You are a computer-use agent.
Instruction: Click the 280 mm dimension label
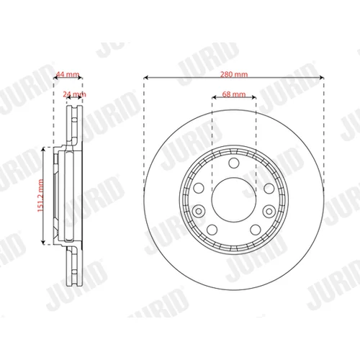pos(234,74)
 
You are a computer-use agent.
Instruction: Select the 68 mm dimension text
pos(234,94)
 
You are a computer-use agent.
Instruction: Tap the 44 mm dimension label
pos(68,74)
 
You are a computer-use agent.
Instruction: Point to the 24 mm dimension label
pos(74,94)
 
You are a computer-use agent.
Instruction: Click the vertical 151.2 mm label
pos(40,195)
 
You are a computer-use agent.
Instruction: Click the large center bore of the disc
pos(234,200)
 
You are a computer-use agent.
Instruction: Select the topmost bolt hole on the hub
pos(234,163)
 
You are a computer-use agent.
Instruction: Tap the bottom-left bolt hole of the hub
pos(212,230)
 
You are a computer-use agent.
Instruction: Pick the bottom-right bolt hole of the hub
pos(256,230)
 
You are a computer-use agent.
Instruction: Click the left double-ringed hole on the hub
pos(199,211)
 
